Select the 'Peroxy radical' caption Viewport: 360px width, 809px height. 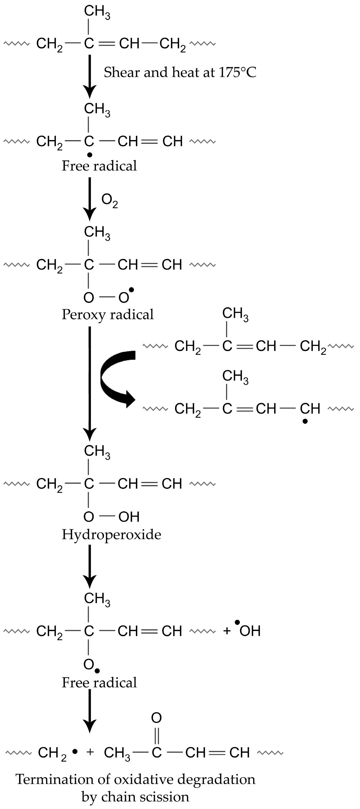[107, 314]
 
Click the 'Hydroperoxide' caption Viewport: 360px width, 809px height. [111, 535]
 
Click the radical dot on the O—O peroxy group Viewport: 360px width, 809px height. [131, 289]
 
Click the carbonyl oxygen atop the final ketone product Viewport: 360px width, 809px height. [156, 718]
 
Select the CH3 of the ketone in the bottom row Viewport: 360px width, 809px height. [117, 753]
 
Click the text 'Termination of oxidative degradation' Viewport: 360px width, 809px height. [135, 780]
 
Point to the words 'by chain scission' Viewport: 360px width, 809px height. [135, 797]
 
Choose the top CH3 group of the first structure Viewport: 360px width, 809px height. [97, 12]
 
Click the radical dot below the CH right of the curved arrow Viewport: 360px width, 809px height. [305, 422]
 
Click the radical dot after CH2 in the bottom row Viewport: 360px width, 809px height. [75, 752]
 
